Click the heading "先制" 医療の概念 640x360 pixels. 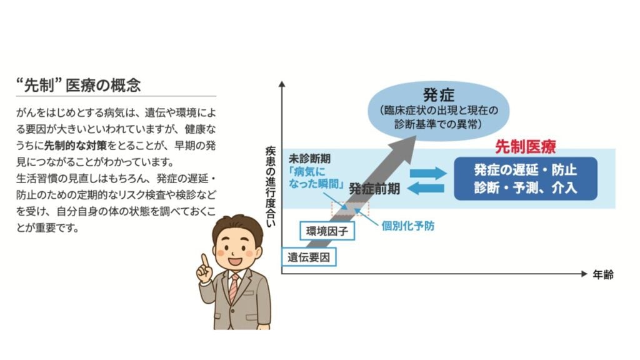(x=78, y=85)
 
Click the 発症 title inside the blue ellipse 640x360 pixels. (x=438, y=95)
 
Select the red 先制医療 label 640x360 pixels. (x=525, y=146)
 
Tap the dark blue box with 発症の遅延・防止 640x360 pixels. (x=526, y=179)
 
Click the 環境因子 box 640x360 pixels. (x=327, y=231)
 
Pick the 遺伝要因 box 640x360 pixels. (x=309, y=257)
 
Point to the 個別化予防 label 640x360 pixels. (x=407, y=226)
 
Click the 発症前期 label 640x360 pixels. (x=374, y=189)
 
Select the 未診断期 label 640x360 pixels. (x=309, y=158)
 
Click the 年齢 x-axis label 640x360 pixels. (x=603, y=275)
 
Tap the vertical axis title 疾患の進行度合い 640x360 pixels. (x=270, y=186)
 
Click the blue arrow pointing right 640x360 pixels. (x=428, y=173)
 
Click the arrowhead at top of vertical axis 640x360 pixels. (x=282, y=84)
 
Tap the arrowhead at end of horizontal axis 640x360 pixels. (x=584, y=274)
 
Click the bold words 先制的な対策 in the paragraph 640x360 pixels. (x=76, y=146)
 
